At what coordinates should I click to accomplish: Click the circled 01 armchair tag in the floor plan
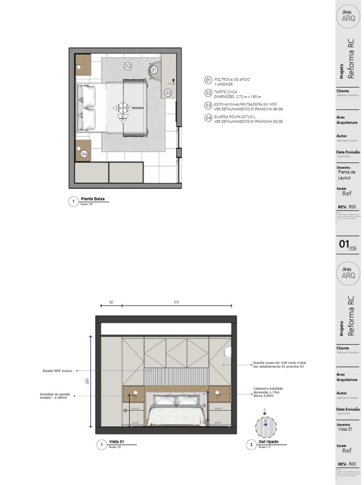point(154,70)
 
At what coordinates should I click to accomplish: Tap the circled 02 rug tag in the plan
point(127,66)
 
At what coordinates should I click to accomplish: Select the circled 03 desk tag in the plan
point(168,93)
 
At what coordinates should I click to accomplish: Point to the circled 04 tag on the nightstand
point(84,154)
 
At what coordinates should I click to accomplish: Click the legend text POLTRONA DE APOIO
point(232,80)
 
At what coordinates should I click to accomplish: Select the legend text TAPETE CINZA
point(226,92)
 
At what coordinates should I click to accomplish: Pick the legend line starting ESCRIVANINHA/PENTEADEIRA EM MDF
point(244,105)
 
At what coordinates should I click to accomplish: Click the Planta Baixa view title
point(93,199)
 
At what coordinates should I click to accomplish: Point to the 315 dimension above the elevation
point(175,302)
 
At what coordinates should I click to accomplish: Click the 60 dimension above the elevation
point(111,302)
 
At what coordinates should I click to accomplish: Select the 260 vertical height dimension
point(87,381)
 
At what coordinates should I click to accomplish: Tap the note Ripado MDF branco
point(57,371)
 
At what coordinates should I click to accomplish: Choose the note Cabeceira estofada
point(268,387)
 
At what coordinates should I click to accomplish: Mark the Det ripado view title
point(268,441)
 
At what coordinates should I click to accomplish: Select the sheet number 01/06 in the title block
point(347,245)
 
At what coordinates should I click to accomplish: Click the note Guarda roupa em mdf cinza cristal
point(279,363)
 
